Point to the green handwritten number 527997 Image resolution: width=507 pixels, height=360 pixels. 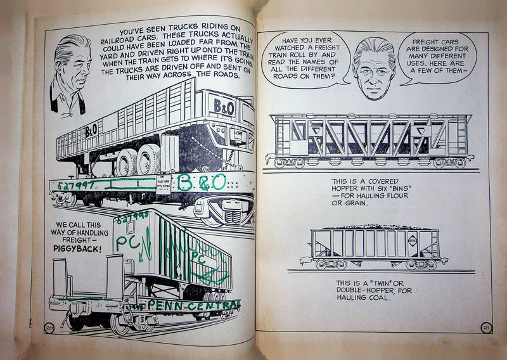click(x=75, y=184)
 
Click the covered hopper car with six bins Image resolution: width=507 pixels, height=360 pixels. click(x=370, y=140)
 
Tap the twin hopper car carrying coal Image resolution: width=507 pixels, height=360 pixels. click(x=374, y=245)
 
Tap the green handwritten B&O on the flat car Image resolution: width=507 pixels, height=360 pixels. click(x=202, y=183)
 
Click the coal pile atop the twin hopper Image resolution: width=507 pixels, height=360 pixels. click(x=374, y=226)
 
